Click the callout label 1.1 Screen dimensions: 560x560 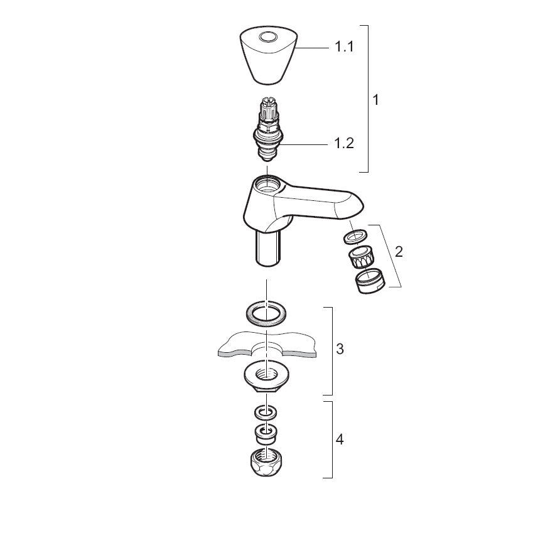coord(344,47)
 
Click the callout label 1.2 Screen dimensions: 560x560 coord(344,143)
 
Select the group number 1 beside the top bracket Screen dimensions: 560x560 coord(375,100)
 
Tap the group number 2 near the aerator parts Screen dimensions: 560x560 coord(399,252)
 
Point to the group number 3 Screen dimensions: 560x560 coord(340,348)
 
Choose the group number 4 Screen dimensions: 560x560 coord(340,439)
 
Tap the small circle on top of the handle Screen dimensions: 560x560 coord(268,36)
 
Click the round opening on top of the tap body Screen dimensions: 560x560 coord(267,183)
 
